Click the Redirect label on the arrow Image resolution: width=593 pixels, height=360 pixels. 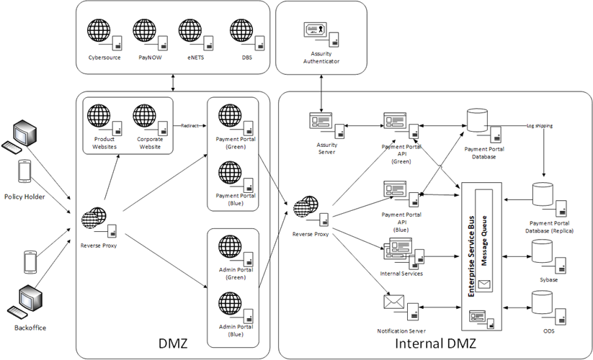(190, 125)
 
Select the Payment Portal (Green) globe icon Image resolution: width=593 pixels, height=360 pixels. (230, 116)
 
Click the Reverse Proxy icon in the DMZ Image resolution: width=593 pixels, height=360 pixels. (94, 218)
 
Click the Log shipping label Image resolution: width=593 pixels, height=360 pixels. (540, 125)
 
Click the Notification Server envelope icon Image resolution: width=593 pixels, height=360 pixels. (394, 304)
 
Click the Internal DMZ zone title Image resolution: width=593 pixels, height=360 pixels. (432, 343)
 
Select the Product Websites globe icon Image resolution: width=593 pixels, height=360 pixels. (99, 117)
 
